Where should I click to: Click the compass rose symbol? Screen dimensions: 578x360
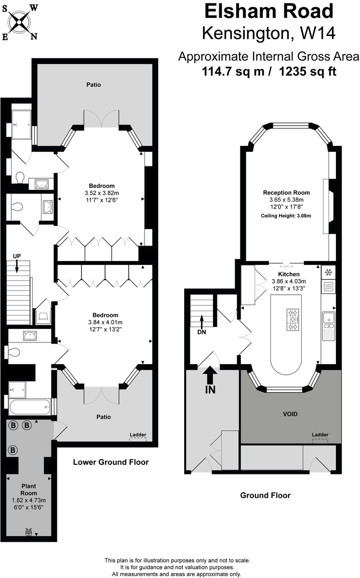pyautogui.click(x=20, y=20)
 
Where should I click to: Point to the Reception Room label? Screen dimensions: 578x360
pyautogui.click(x=286, y=192)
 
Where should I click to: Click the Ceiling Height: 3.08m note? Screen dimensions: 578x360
pyautogui.click(x=286, y=215)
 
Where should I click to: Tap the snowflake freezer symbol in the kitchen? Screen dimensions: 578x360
pyautogui.click(x=329, y=272)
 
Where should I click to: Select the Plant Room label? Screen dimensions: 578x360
pyautogui.click(x=28, y=490)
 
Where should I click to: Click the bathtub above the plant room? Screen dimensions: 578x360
pyautogui.click(x=30, y=407)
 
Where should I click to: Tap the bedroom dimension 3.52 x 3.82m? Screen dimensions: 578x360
pyautogui.click(x=102, y=193)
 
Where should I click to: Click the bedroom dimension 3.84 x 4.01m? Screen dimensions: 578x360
pyautogui.click(x=105, y=322)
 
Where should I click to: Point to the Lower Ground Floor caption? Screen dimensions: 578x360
pyautogui.click(x=110, y=462)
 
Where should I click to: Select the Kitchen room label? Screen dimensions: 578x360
pyautogui.click(x=289, y=274)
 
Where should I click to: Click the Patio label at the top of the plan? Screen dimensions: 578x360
pyautogui.click(x=93, y=85)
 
